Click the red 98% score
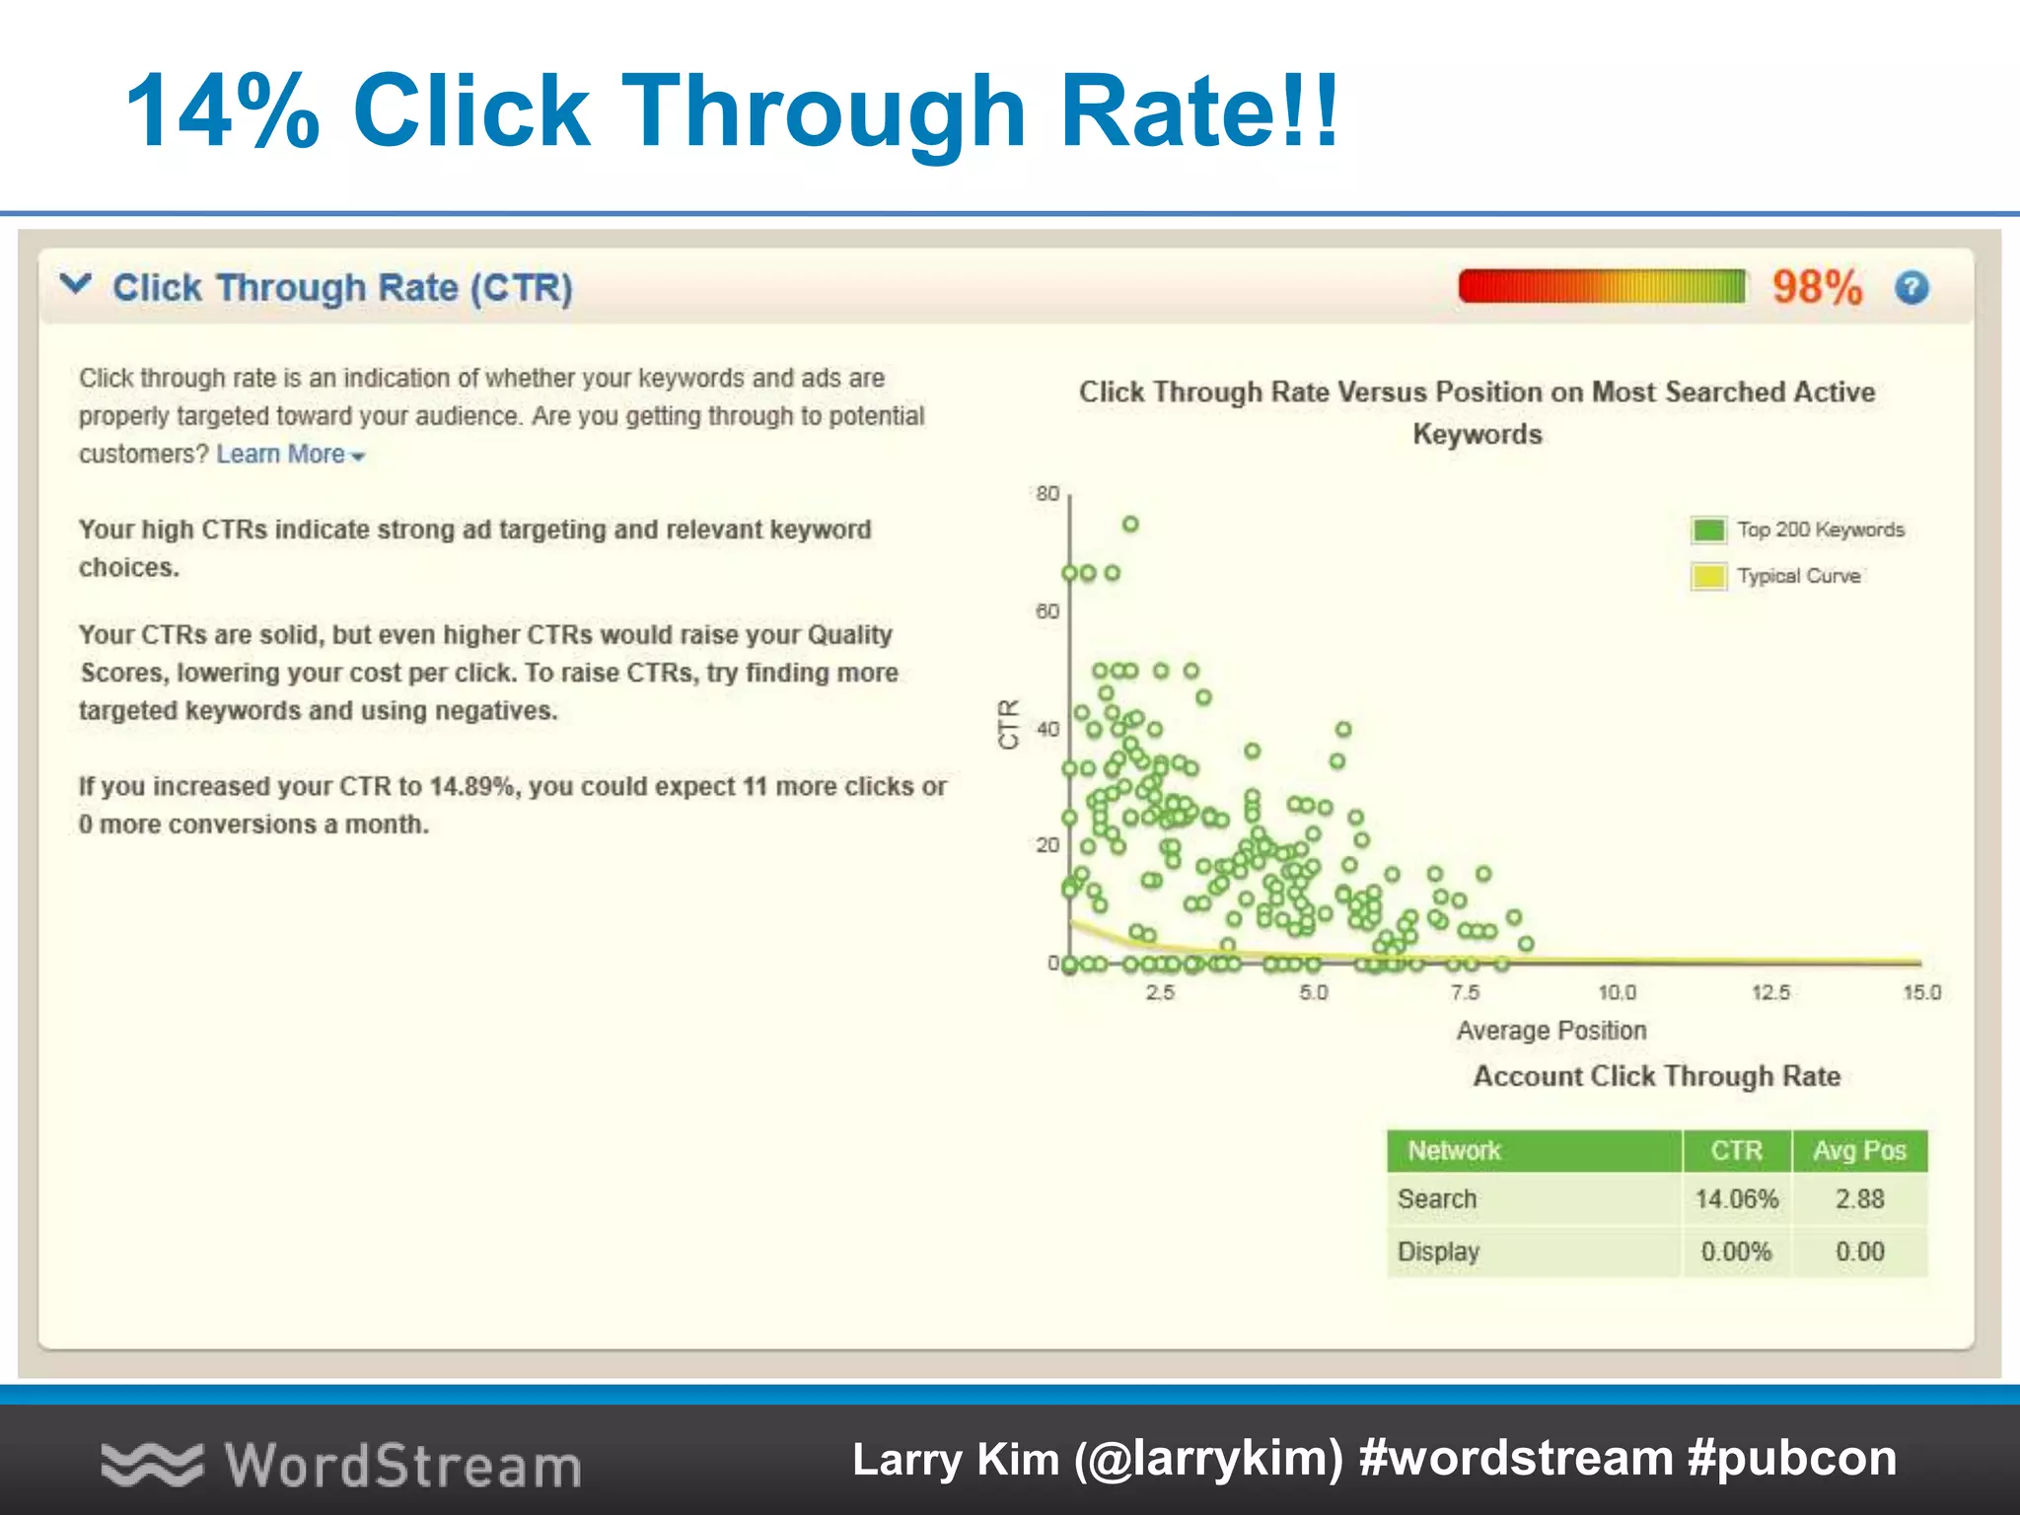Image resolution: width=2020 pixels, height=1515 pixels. [x=1817, y=288]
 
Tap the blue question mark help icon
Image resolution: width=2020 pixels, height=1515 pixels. [x=1912, y=288]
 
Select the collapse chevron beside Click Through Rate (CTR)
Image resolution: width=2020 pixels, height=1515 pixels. [x=76, y=285]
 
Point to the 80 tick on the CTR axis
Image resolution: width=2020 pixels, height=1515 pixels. [x=1047, y=493]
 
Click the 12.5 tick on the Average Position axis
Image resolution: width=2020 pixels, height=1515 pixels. [x=1770, y=992]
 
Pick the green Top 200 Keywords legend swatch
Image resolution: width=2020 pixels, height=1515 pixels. [x=1708, y=530]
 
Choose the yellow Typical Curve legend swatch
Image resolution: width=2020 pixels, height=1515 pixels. [x=1708, y=576]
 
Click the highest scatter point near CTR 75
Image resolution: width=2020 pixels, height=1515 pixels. [x=1130, y=524]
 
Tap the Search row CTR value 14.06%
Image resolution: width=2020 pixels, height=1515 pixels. [x=1736, y=1199]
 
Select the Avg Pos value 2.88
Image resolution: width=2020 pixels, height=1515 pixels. [x=1859, y=1199]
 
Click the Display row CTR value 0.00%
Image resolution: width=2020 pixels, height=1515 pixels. [x=1736, y=1252]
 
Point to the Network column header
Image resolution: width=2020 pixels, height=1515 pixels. [x=1454, y=1151]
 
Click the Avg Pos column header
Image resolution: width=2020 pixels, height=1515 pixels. [x=1859, y=1151]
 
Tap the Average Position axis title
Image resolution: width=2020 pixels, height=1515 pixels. [x=1551, y=1031]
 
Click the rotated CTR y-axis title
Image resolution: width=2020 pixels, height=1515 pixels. [x=1008, y=724]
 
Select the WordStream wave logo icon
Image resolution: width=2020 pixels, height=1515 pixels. [x=152, y=1464]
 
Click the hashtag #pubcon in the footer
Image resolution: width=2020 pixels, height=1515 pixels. [x=1792, y=1459]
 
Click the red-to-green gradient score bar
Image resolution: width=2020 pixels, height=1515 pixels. [x=1602, y=287]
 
